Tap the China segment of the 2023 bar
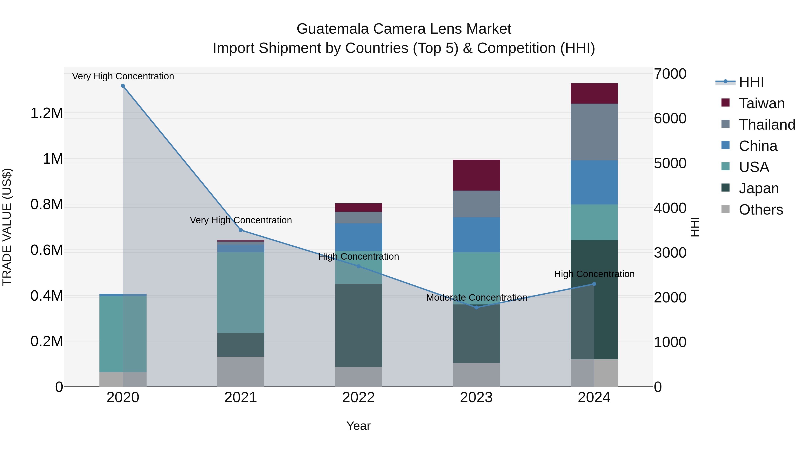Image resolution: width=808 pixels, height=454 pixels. (476, 235)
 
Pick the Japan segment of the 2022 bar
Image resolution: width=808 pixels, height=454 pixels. (358, 325)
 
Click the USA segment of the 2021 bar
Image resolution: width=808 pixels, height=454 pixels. (241, 292)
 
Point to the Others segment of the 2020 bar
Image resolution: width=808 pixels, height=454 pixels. (123, 379)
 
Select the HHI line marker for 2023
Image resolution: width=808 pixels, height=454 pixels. (476, 307)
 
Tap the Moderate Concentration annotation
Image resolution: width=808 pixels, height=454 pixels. (476, 297)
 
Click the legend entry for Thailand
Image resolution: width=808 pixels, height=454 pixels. (767, 125)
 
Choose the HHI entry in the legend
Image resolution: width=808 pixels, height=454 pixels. (751, 82)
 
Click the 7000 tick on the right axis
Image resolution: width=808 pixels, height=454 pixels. (670, 74)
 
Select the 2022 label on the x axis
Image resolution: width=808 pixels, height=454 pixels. (358, 398)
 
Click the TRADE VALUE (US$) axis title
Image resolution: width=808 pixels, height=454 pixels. (7, 227)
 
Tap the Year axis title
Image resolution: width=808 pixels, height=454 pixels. (358, 426)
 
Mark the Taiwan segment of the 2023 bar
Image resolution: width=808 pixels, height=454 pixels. (476, 175)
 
